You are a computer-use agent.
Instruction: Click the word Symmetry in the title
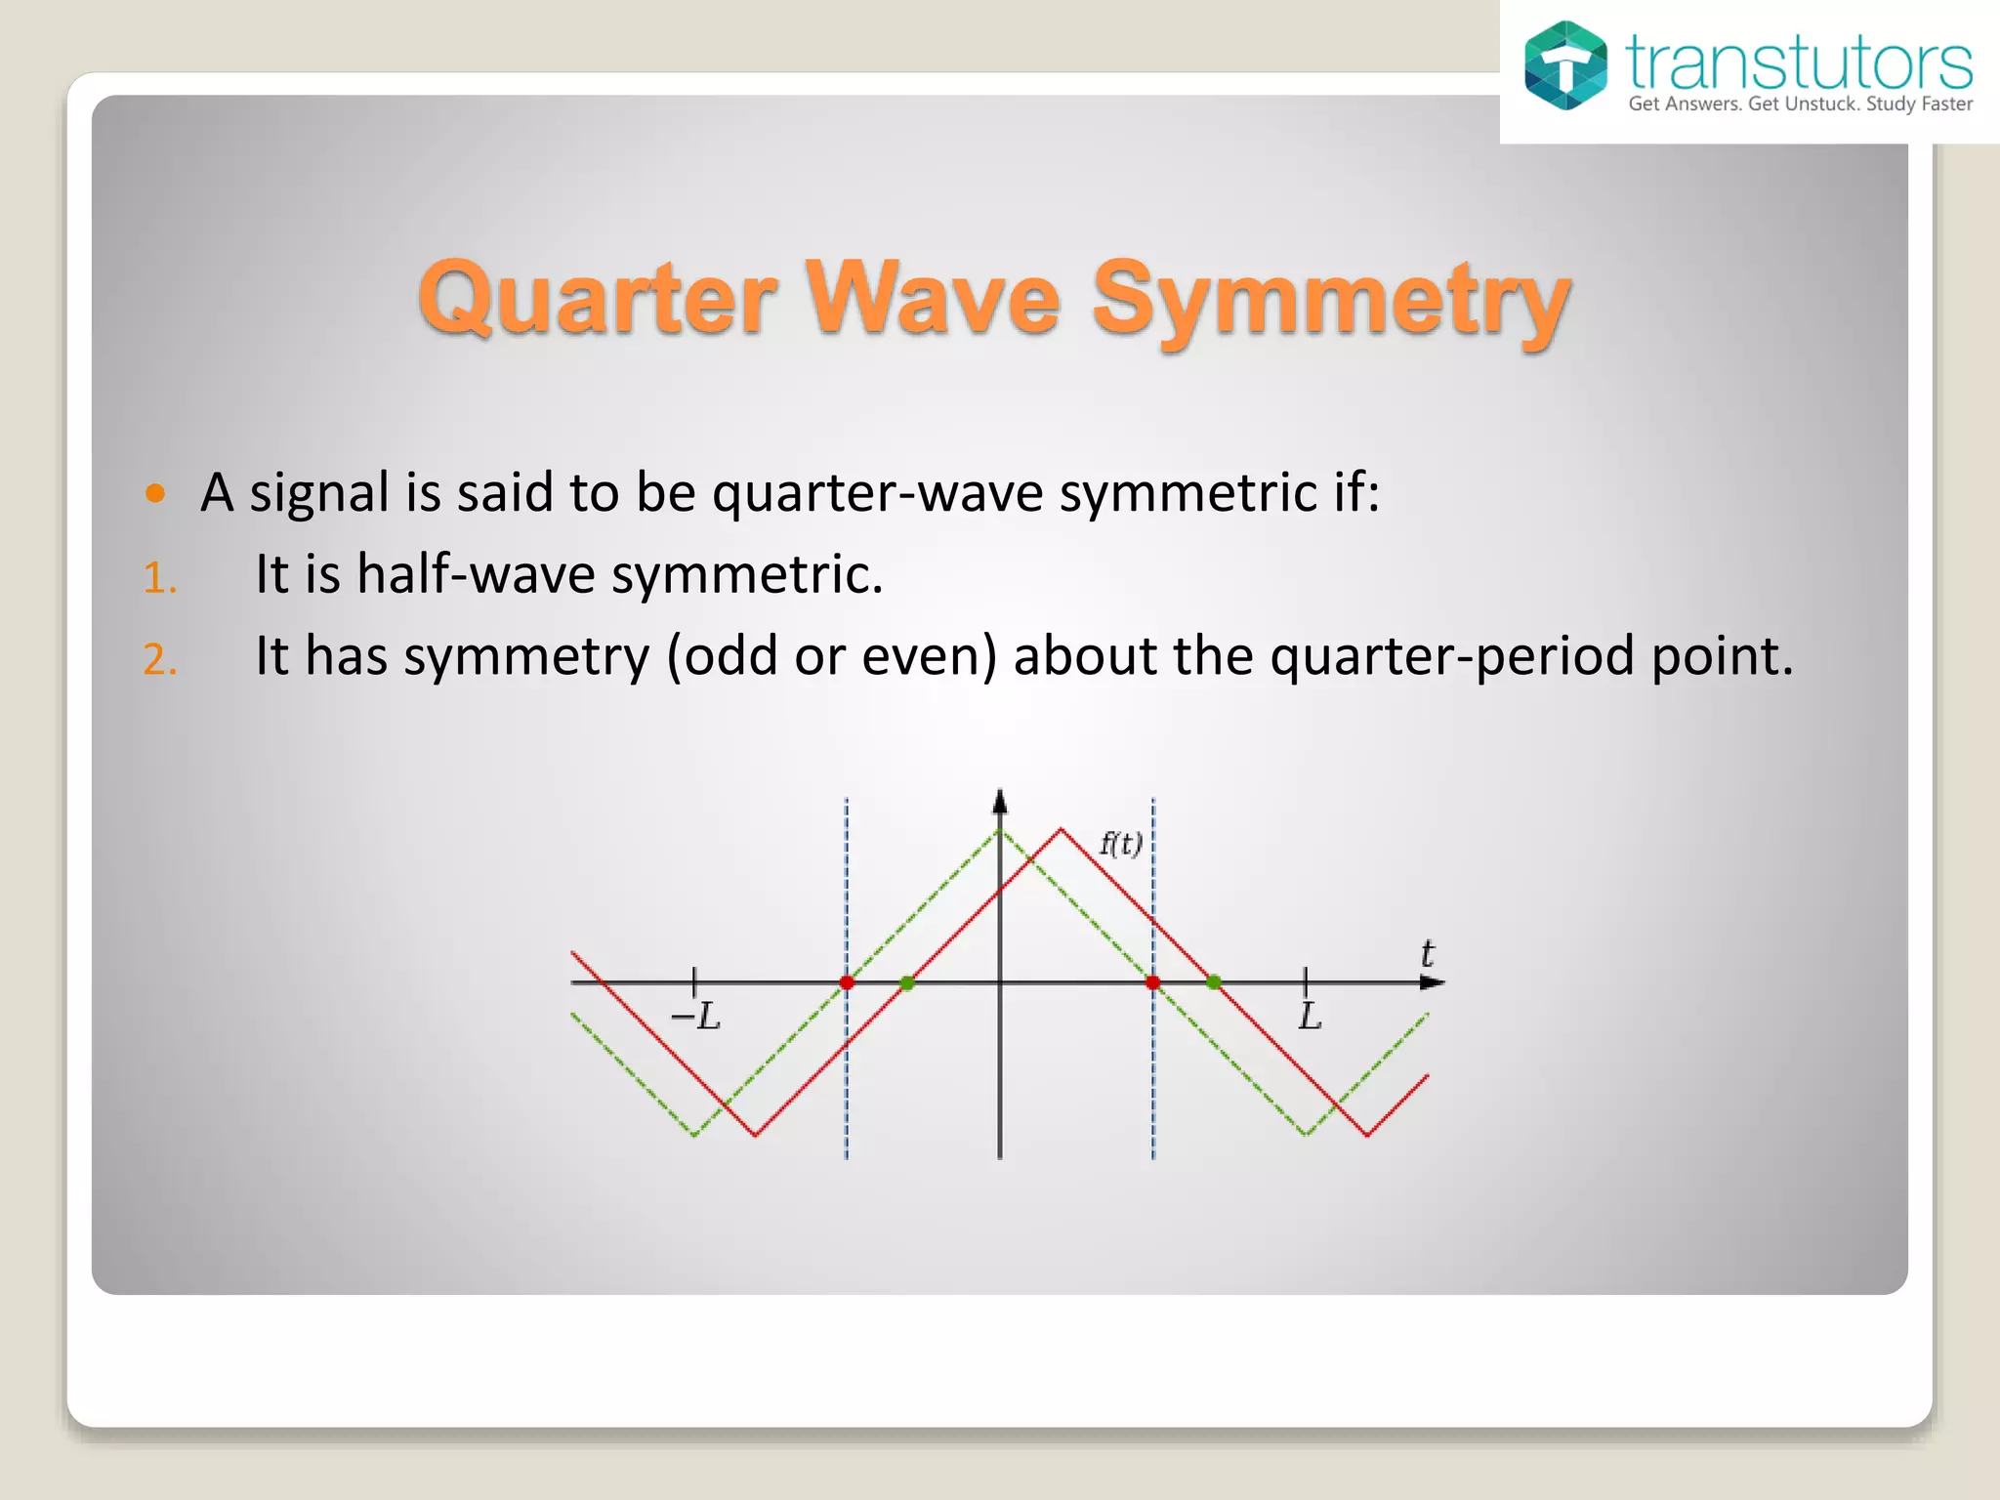coord(1330,300)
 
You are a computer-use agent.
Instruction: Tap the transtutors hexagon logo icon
coord(1565,65)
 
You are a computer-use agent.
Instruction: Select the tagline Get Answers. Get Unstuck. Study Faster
coord(1800,104)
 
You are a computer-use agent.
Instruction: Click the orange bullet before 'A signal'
coord(155,492)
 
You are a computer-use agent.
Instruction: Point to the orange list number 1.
coord(159,578)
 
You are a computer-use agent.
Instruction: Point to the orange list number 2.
coord(160,660)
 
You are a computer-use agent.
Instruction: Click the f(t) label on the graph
coord(1120,843)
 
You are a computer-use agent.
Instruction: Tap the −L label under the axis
coord(695,1017)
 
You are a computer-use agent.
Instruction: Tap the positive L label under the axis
coord(1310,1017)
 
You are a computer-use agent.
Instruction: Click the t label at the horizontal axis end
coord(1427,953)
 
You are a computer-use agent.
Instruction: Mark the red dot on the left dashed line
coord(847,982)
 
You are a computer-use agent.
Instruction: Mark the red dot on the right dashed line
coord(1153,982)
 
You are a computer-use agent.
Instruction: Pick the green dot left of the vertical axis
coord(907,982)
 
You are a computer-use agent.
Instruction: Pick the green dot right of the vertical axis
coord(1214,982)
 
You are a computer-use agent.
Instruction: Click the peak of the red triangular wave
coord(1062,830)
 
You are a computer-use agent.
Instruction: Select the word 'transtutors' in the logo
coord(1798,63)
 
